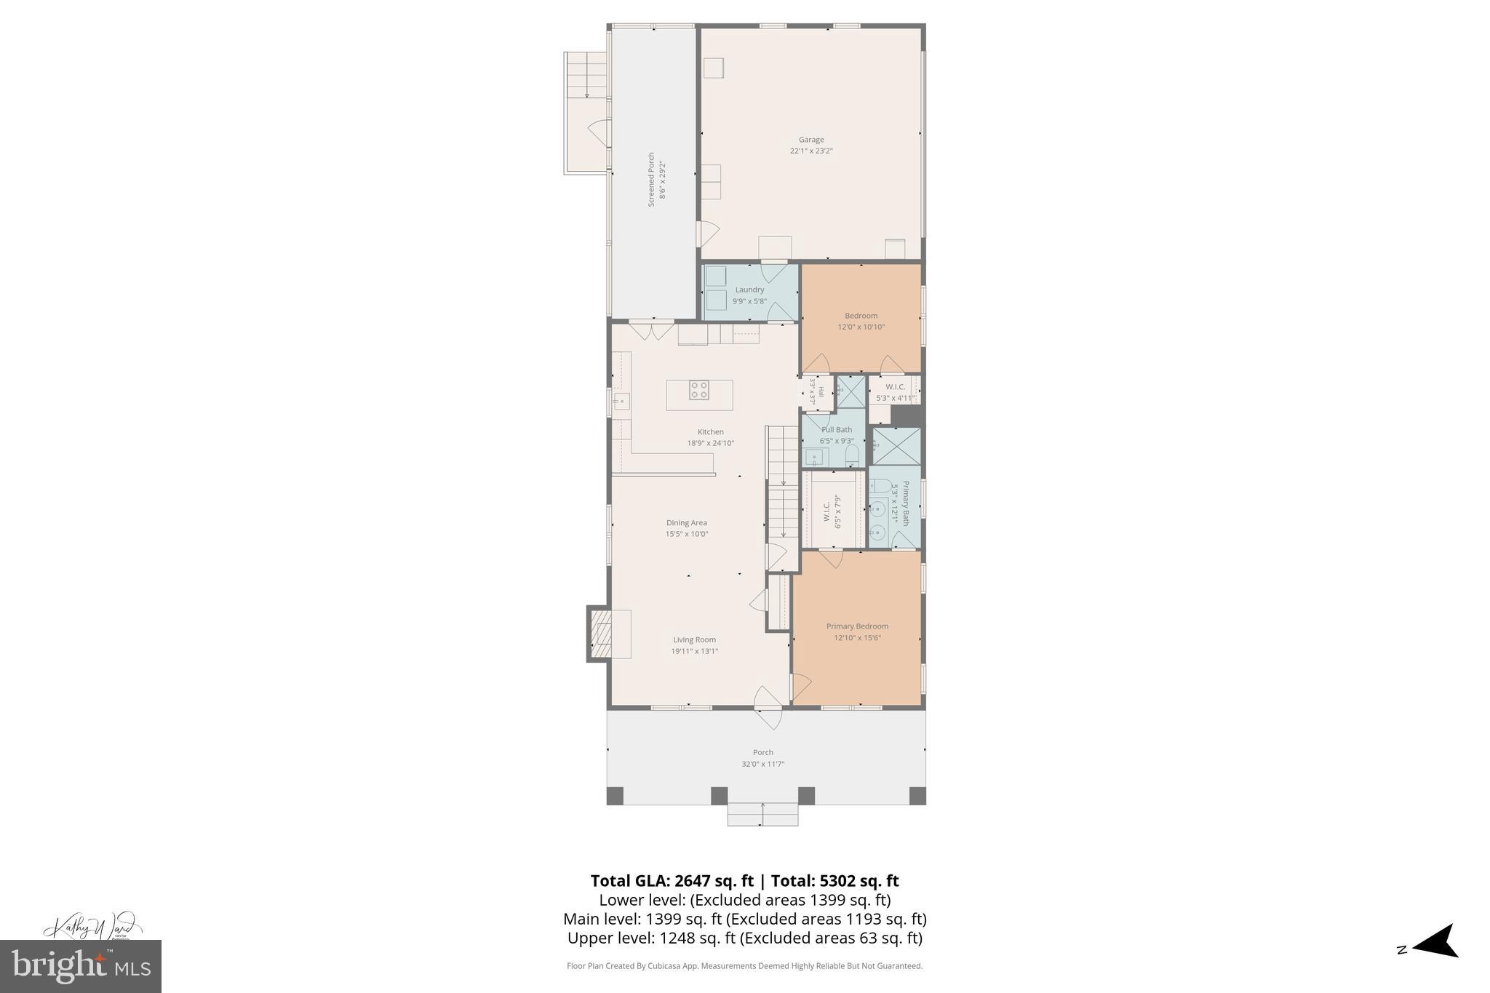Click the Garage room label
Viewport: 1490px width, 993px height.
(811, 140)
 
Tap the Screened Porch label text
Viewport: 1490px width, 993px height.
(652, 180)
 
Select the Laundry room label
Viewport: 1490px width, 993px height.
(749, 290)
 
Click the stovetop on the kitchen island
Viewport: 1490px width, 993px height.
(699, 391)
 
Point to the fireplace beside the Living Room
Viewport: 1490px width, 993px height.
(601, 634)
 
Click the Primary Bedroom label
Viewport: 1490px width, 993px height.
(857, 626)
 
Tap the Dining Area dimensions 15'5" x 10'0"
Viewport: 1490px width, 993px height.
(687, 534)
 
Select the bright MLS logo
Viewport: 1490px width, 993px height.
(81, 966)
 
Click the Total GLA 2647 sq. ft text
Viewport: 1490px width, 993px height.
(673, 881)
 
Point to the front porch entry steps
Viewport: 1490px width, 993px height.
(762, 814)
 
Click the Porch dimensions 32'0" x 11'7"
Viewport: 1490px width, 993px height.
(762, 764)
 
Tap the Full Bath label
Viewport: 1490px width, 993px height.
(837, 430)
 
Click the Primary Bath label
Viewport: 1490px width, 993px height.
(906, 503)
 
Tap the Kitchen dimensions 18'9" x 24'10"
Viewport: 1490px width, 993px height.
(711, 443)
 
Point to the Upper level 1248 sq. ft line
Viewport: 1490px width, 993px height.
(744, 938)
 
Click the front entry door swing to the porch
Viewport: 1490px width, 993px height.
(768, 707)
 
